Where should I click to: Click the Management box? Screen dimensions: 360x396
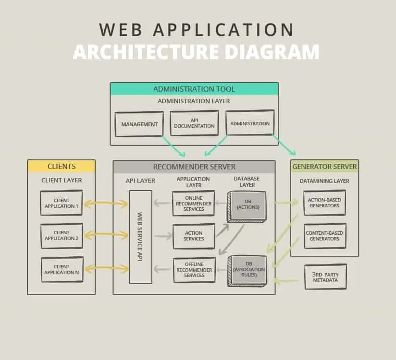[139, 124]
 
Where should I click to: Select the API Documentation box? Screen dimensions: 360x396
[194, 123]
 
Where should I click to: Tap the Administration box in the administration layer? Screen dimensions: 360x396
[250, 123]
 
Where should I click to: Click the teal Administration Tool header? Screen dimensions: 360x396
[194, 89]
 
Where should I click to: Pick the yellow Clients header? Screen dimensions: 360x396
[62, 167]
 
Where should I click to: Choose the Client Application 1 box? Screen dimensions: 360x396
[62, 203]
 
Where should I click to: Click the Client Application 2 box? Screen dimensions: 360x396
[62, 236]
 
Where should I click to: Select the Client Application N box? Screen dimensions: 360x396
[62, 269]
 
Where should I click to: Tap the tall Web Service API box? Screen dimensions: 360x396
[140, 237]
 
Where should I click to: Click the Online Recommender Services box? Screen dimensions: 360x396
[194, 204]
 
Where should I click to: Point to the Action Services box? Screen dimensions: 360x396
[194, 236]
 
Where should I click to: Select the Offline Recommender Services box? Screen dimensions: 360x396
[194, 270]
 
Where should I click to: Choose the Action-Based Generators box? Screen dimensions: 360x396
[324, 203]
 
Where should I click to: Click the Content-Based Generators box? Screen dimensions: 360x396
[324, 236]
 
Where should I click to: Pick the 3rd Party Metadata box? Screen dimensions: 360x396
[325, 277]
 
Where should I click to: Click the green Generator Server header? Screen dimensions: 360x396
[324, 167]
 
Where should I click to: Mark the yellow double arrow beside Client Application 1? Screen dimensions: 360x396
[106, 204]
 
